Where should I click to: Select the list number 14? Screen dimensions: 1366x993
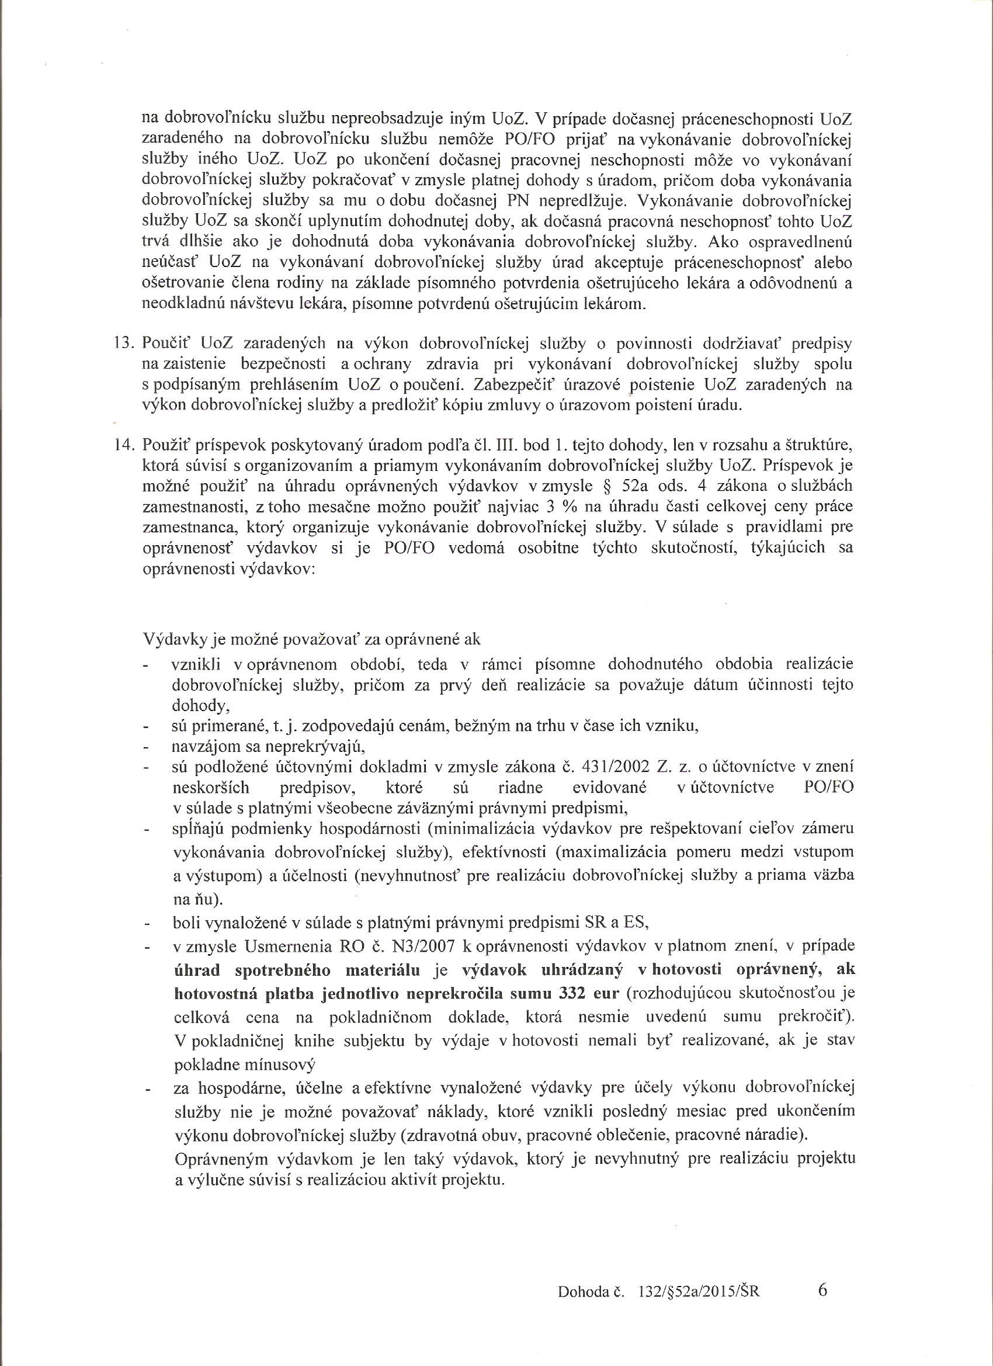click(x=123, y=446)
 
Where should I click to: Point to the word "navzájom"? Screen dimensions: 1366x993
click(x=197, y=747)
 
